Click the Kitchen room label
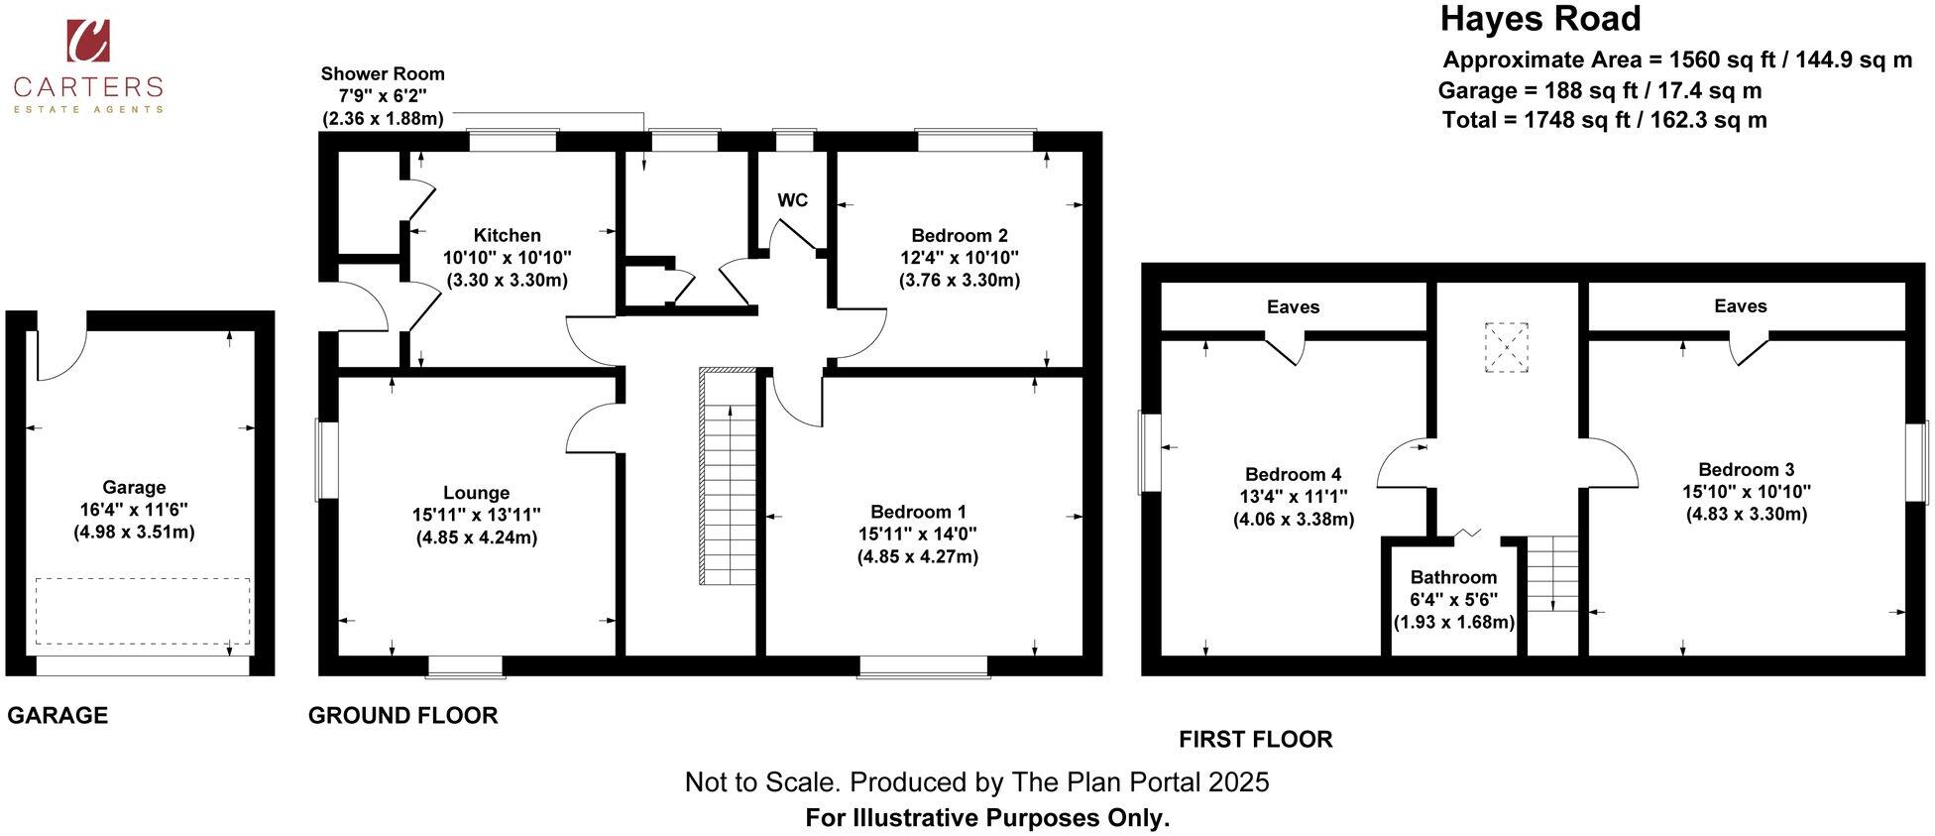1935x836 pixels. click(507, 235)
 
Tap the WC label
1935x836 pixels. click(792, 200)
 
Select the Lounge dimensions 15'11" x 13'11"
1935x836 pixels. click(476, 515)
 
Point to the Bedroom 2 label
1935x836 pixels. click(959, 235)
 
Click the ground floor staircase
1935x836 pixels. click(730, 476)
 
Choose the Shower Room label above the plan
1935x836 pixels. click(383, 73)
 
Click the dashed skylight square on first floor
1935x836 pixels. click(1506, 347)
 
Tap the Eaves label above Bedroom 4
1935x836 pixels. click(1293, 306)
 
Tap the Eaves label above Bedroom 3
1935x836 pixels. click(1740, 305)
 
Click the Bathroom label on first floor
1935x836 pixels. click(1453, 577)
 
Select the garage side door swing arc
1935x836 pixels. click(61, 355)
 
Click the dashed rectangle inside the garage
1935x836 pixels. click(143, 611)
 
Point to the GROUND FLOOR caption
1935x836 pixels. click(402, 715)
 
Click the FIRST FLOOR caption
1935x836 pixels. click(1255, 739)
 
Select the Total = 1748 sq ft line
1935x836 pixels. click(1603, 120)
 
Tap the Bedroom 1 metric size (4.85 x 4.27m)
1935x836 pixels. click(917, 556)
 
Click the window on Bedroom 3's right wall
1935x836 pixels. click(1917, 462)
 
